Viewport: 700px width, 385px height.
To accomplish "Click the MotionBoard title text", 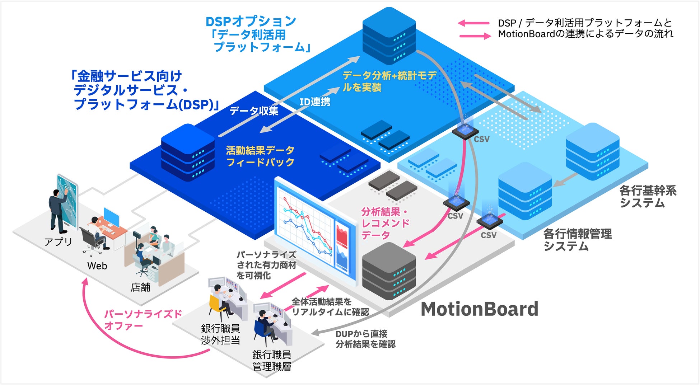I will tap(479, 309).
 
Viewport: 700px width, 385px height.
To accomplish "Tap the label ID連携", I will tap(315, 102).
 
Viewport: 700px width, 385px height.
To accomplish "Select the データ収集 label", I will tap(254, 111).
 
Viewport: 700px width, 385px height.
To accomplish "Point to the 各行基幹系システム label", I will tap(648, 197).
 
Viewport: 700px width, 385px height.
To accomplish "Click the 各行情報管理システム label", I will tap(577, 240).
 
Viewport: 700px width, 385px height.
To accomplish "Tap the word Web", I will tap(97, 266).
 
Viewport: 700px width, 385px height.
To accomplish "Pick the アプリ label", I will tap(58, 241).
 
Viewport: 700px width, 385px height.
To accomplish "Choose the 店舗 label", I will tap(140, 287).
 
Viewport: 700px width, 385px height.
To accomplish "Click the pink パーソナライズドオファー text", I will tap(143, 320).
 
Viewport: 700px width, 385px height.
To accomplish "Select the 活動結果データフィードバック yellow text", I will tap(260, 156).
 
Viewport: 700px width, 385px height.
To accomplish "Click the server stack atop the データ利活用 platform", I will tap(389, 36).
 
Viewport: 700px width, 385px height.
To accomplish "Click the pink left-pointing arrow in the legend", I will tap(473, 23).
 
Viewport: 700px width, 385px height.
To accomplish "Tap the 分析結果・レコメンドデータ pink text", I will tap(385, 223).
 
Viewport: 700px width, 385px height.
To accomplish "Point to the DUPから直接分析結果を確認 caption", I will tap(365, 339).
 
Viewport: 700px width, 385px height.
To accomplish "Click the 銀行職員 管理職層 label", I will tap(271, 361).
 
